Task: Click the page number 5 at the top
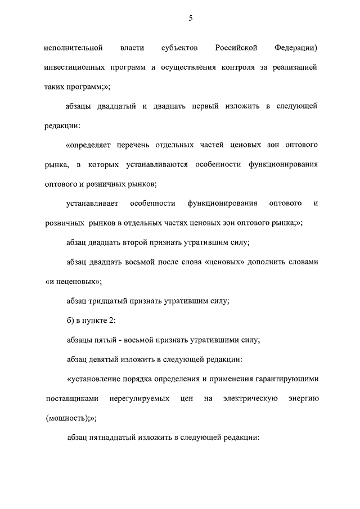(x=191, y=19)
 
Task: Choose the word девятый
(x=111, y=359)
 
